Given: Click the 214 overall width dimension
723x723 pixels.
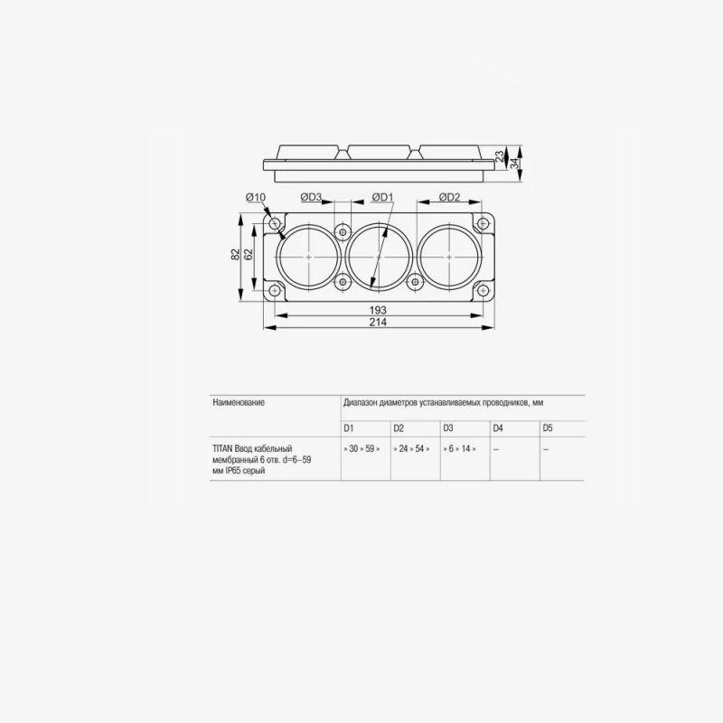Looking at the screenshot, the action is (378, 323).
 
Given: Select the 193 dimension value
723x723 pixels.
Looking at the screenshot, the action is (378, 310).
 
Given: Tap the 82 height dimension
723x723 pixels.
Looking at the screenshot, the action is (236, 254).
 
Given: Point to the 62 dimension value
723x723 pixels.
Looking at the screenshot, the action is (249, 254).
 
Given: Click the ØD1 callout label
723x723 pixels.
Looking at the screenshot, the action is (382, 197).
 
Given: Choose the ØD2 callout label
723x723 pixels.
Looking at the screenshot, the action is (449, 197).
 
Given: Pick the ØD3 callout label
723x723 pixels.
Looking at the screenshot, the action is (311, 197).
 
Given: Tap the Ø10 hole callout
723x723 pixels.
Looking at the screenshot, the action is (256, 197).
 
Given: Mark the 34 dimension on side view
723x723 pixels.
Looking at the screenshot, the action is (514, 163).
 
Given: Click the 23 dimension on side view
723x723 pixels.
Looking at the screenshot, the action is (501, 155).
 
